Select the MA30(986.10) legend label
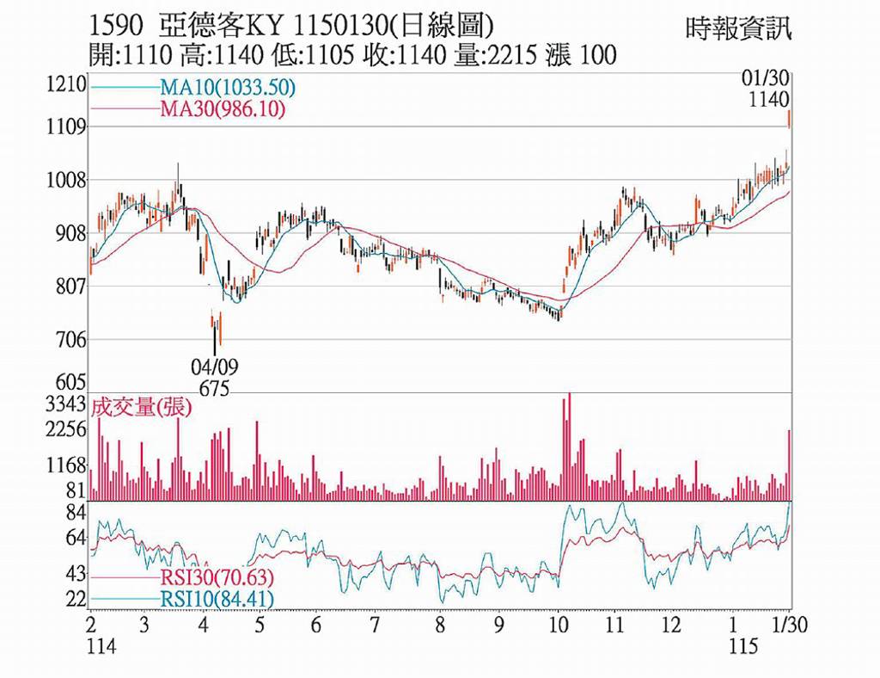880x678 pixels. coord(222,108)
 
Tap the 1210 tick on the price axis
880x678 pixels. coord(67,85)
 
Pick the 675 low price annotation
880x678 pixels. coord(214,389)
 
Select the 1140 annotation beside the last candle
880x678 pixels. coord(768,100)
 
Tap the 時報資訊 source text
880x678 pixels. coord(738,28)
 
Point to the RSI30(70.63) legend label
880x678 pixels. coord(217,577)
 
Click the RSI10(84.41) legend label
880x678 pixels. coord(217,597)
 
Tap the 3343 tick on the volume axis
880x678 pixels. coord(67,404)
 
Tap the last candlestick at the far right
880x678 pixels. coord(789,118)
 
